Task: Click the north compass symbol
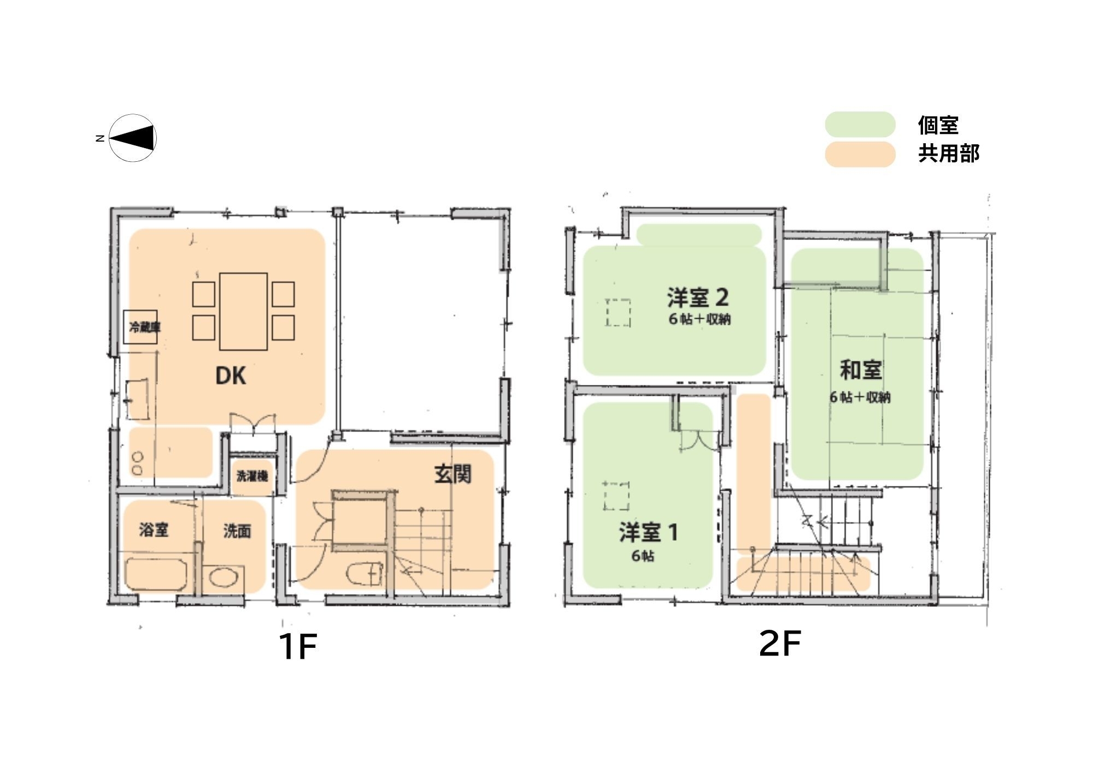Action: pos(133,138)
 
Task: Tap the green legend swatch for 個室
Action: pos(860,125)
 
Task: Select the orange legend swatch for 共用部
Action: pos(860,154)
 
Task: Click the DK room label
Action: pos(231,376)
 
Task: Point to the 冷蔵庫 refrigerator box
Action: pos(140,327)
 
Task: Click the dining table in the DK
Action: pos(243,311)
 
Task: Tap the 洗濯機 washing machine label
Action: pos(252,476)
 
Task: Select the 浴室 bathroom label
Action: pos(154,529)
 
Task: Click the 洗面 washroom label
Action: pos(237,531)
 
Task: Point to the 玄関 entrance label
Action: pos(453,474)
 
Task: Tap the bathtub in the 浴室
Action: pos(156,575)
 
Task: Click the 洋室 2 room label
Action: pos(698,297)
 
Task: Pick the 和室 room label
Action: pos(861,370)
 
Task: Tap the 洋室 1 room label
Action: pos(649,532)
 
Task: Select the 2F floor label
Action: pos(780,643)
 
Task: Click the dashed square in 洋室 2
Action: pos(618,312)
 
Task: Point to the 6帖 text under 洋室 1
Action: pos(643,556)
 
